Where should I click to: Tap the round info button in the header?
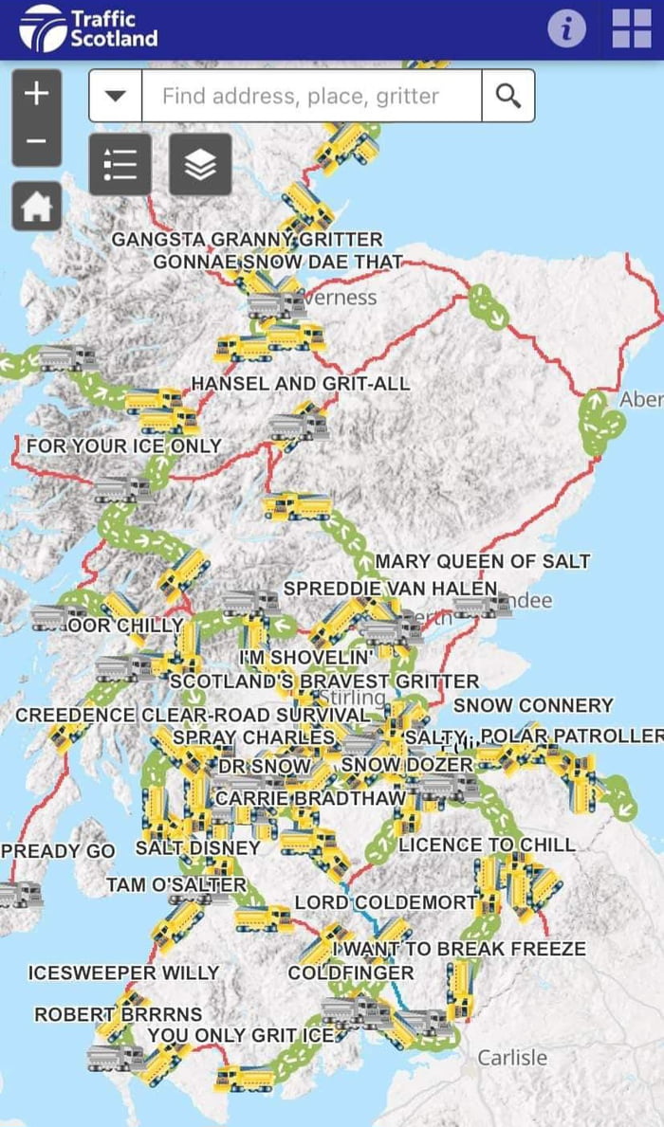(x=566, y=28)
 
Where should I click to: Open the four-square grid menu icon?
(x=632, y=28)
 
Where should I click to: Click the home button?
(x=37, y=207)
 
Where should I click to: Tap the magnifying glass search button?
(x=508, y=96)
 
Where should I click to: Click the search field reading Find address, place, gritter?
(x=311, y=96)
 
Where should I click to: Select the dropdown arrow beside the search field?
(x=116, y=96)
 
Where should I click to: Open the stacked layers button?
(x=200, y=164)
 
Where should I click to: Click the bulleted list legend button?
(x=120, y=164)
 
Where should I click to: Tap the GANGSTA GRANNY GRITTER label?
(x=247, y=240)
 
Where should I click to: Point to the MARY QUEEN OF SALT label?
(x=483, y=562)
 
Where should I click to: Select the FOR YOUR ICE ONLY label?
(x=124, y=445)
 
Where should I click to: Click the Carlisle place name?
(x=512, y=1057)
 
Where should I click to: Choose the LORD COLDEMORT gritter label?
(x=385, y=902)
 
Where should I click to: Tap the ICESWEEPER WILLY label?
(x=124, y=972)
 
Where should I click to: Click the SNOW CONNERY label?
(x=533, y=705)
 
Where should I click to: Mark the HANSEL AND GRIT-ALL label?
(x=301, y=384)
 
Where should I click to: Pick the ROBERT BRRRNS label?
(x=119, y=1014)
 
